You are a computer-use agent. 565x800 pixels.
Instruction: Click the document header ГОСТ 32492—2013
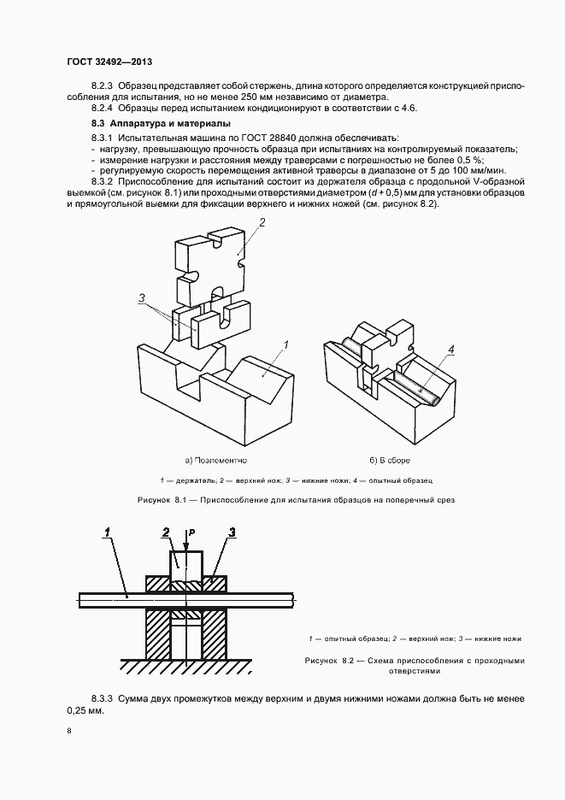pos(109,62)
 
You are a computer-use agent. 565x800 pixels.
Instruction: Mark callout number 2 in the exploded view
pos(262,224)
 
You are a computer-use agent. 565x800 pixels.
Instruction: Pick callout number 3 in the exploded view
pos(140,297)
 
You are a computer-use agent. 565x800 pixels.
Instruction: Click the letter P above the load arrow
pos(194,532)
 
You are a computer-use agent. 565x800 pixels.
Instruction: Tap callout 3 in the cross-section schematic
pos(231,533)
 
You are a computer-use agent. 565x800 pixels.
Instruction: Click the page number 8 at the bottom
pos(69,732)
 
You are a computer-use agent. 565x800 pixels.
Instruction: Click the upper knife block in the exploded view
pos(211,255)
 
